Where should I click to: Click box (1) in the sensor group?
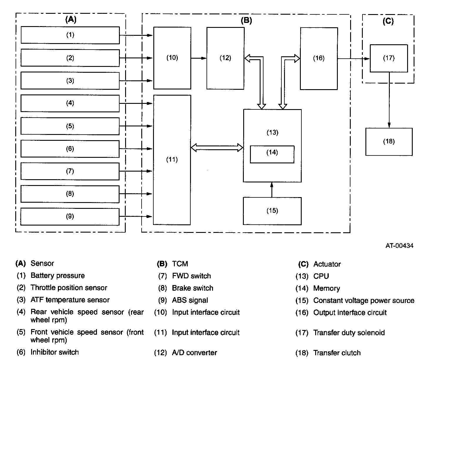point(70,35)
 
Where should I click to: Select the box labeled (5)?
point(70,126)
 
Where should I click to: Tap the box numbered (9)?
point(70,216)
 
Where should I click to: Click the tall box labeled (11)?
point(172,160)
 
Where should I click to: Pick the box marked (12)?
point(225,58)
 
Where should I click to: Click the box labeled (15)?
point(272,211)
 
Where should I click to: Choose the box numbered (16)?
point(319,58)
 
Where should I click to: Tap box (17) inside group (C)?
point(389,58)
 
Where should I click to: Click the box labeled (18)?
point(389,142)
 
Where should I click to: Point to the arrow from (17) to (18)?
point(389,100)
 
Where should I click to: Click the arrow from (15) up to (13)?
point(272,189)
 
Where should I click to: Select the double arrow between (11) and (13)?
point(217,148)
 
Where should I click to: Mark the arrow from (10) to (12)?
point(199,58)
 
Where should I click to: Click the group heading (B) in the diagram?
point(246,21)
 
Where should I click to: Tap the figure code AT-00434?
point(399,246)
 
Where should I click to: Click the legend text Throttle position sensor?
point(69,288)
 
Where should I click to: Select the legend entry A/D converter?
point(194,353)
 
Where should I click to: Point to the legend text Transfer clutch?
point(337,353)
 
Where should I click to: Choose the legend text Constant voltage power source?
point(364,301)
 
